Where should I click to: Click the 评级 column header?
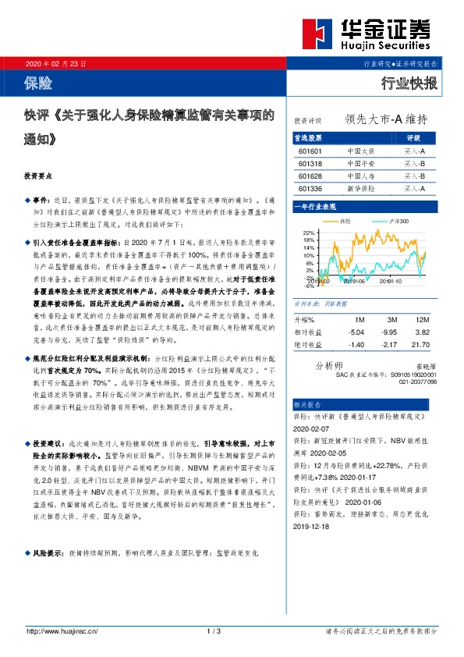click(x=414, y=137)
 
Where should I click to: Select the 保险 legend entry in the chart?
click(x=346, y=222)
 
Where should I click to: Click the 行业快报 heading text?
click(x=409, y=83)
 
